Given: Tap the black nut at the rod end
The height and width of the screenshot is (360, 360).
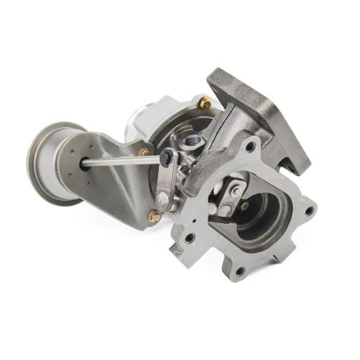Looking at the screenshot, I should pos(165,160).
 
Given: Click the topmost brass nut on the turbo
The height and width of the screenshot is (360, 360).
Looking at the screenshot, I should pos(204,102).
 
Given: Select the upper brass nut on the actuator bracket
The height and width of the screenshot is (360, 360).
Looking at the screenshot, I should pos(145,152).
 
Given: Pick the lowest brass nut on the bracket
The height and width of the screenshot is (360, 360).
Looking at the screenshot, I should pos(155,215).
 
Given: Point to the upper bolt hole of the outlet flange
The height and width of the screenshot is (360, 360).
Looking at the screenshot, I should pos(251,147).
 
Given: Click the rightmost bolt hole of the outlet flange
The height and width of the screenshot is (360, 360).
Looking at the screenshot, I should pos(312,210).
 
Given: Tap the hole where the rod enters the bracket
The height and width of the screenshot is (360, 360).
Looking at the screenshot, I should pos(83,164).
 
